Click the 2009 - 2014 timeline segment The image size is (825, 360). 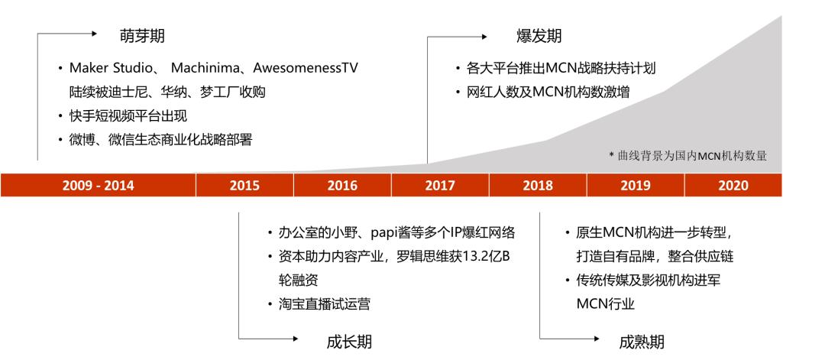[98, 185]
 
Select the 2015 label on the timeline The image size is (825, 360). [244, 185]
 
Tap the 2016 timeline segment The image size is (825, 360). [342, 185]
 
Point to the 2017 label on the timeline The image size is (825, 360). [440, 185]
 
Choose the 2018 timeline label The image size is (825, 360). [538, 185]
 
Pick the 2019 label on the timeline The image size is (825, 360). [636, 185]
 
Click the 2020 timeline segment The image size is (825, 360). [733, 185]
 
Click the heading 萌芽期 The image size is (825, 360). [142, 36]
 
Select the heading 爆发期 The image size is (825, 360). [539, 36]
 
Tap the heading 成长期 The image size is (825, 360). [349, 342]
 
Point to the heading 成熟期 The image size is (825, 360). [642, 342]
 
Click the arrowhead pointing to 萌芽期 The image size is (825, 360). [94, 33]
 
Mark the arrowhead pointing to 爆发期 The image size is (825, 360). [484, 37]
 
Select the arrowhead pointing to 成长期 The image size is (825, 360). [295, 339]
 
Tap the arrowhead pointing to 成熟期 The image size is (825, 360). [596, 339]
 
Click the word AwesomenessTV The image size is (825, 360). [306, 69]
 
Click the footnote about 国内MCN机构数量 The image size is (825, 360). [688, 156]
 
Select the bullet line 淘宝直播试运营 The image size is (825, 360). [325, 304]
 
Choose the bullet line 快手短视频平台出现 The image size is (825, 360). [128, 115]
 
